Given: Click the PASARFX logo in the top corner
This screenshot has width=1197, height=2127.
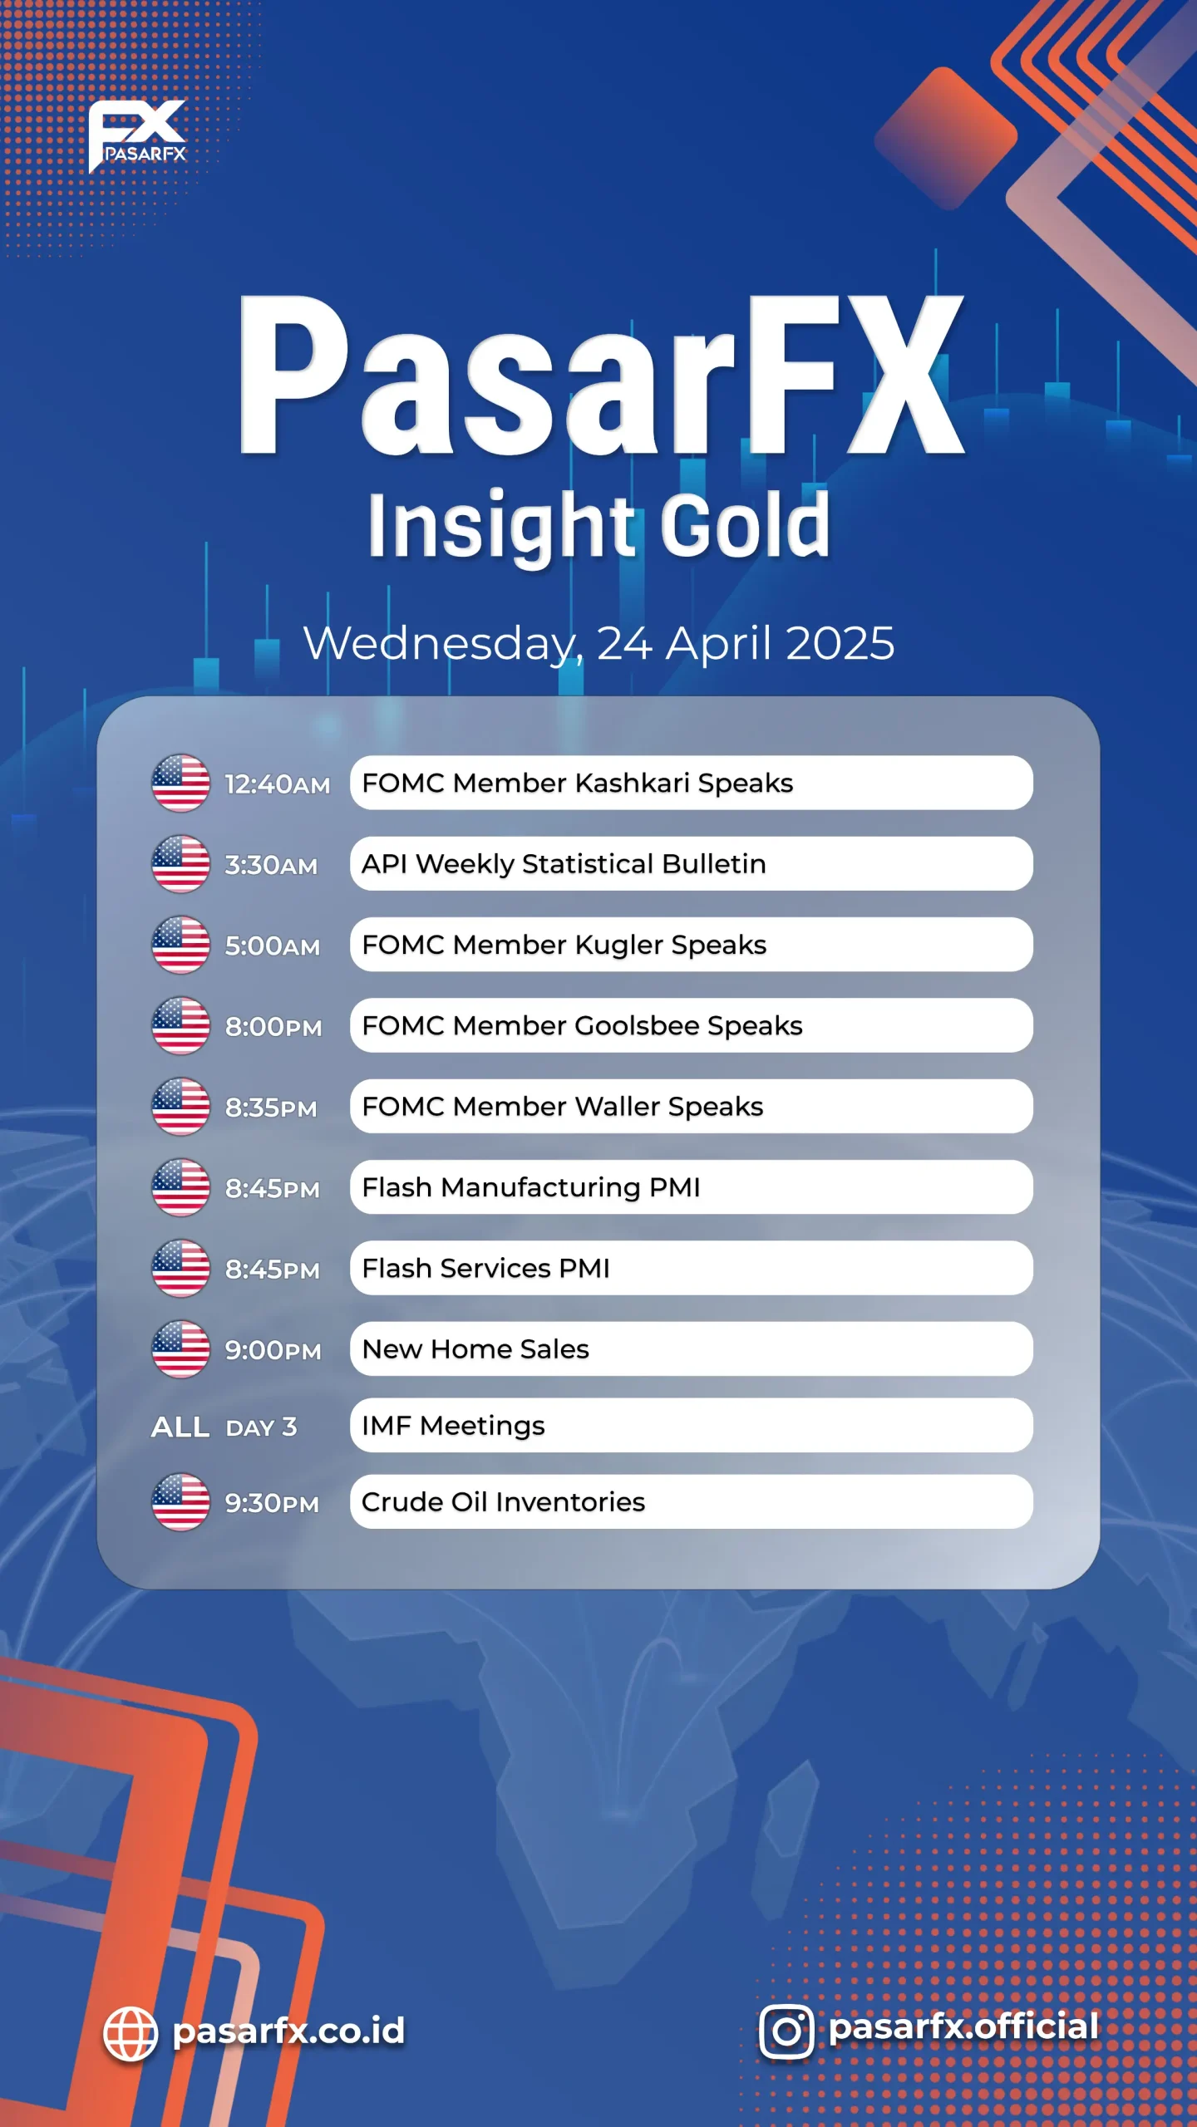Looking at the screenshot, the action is click(x=137, y=135).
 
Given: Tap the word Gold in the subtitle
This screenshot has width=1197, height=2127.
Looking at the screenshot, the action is click(x=746, y=525).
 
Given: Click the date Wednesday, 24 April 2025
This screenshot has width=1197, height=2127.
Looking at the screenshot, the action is click(x=598, y=644).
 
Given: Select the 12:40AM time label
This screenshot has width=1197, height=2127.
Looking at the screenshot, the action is click(x=278, y=784).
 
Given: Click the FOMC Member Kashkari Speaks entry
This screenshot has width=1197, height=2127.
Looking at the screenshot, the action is click(x=691, y=783).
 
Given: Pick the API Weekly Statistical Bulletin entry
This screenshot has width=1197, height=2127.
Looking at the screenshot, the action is click(x=691, y=864).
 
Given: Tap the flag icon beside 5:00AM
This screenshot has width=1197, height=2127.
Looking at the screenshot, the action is click(x=180, y=945).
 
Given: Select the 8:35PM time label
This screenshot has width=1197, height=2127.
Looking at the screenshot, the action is click(x=271, y=1108).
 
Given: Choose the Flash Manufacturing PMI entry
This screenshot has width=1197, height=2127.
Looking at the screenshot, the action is click(x=691, y=1187).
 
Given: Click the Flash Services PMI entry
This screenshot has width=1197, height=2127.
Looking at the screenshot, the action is click(x=691, y=1268).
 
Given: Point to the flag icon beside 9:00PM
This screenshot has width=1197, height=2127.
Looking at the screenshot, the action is click(x=180, y=1349).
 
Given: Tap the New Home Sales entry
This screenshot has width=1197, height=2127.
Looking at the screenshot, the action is click(x=691, y=1349).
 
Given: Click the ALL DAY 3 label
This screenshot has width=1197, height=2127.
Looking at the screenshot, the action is click(x=224, y=1427).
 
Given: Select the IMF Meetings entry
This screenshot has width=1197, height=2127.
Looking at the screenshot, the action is click(x=691, y=1426).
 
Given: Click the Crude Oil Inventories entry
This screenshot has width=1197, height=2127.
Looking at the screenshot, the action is click(x=691, y=1502).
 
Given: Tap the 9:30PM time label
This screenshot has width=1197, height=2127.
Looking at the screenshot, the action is click(x=272, y=1503).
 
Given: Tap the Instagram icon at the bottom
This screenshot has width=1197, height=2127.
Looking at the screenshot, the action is click(x=786, y=2031).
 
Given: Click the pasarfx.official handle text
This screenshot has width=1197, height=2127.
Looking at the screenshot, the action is click(x=964, y=2027).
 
